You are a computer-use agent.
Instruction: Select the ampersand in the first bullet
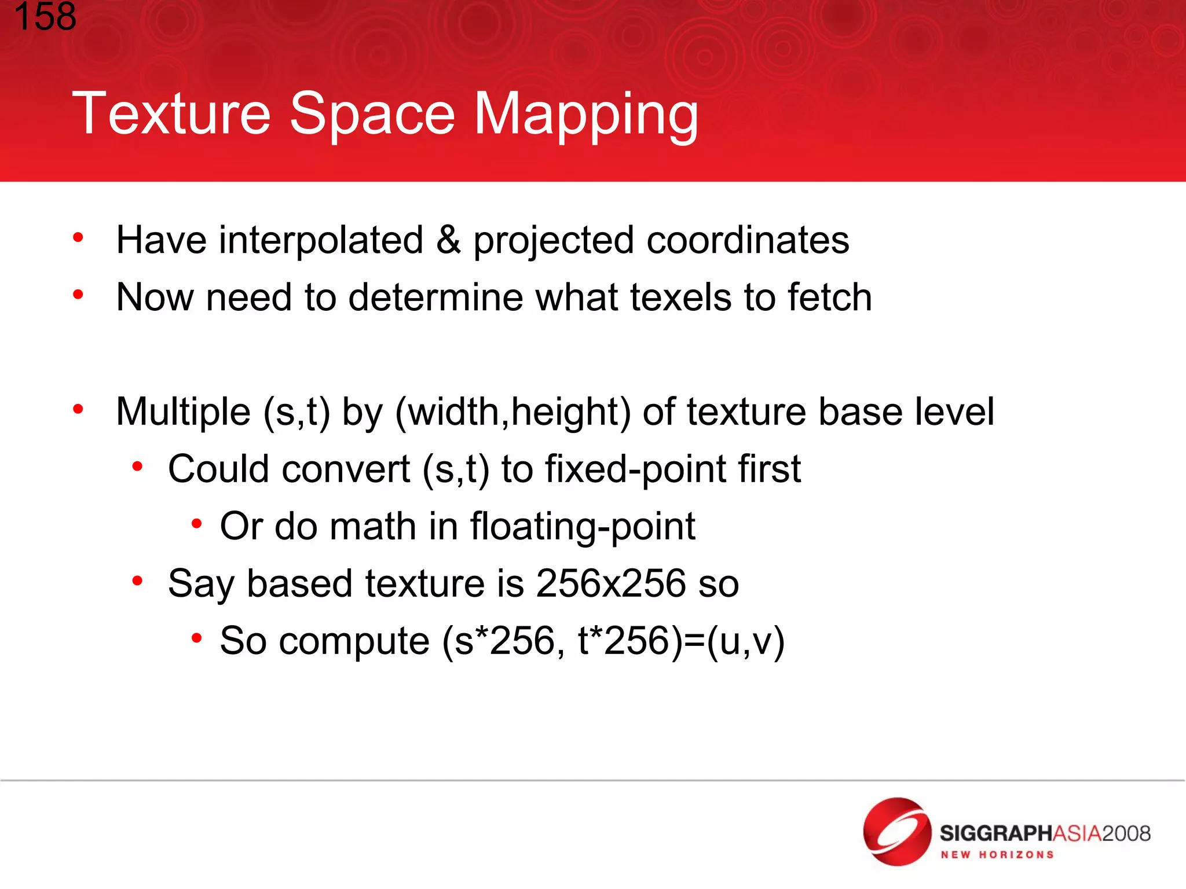448,240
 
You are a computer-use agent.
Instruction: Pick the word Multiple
183,412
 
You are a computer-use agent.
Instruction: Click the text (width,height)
513,412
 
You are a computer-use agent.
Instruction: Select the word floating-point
582,527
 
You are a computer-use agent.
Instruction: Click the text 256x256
611,583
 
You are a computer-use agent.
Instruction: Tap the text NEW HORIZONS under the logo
997,855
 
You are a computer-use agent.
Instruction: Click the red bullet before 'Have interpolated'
78,237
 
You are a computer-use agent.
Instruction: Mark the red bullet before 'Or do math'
197,524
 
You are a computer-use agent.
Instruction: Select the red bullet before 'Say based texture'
137,581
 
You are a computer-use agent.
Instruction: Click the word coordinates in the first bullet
748,241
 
